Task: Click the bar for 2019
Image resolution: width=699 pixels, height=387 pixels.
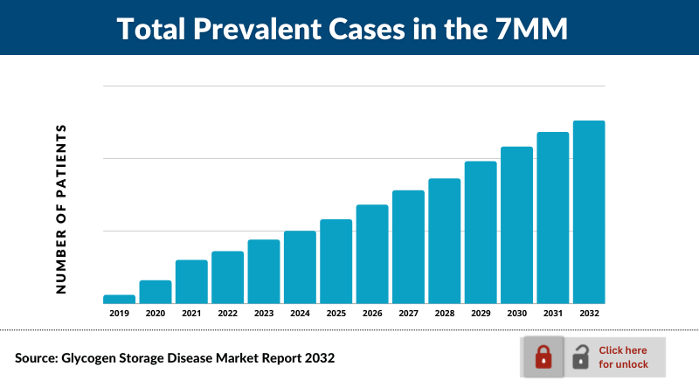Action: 119,299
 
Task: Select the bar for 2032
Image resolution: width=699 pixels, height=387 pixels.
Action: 589,211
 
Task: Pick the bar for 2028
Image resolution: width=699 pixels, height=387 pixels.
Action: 445,240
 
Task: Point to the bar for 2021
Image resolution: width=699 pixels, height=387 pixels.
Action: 191,281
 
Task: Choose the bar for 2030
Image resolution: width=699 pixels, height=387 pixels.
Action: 516,225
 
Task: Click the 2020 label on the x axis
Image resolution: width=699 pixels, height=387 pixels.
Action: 156,313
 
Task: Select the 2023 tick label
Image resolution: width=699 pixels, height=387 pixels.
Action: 264,313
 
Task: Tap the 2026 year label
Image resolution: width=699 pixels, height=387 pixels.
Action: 372,313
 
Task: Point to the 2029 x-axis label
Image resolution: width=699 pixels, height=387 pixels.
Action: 481,313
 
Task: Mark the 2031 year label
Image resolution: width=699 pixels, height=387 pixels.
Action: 553,313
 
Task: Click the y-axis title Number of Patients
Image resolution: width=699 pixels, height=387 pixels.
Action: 61,209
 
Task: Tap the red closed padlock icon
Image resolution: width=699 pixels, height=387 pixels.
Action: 543,356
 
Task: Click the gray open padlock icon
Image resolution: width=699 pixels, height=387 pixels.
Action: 580,356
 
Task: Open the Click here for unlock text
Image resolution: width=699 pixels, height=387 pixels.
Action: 623,356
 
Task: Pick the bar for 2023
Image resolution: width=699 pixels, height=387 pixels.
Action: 264,271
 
